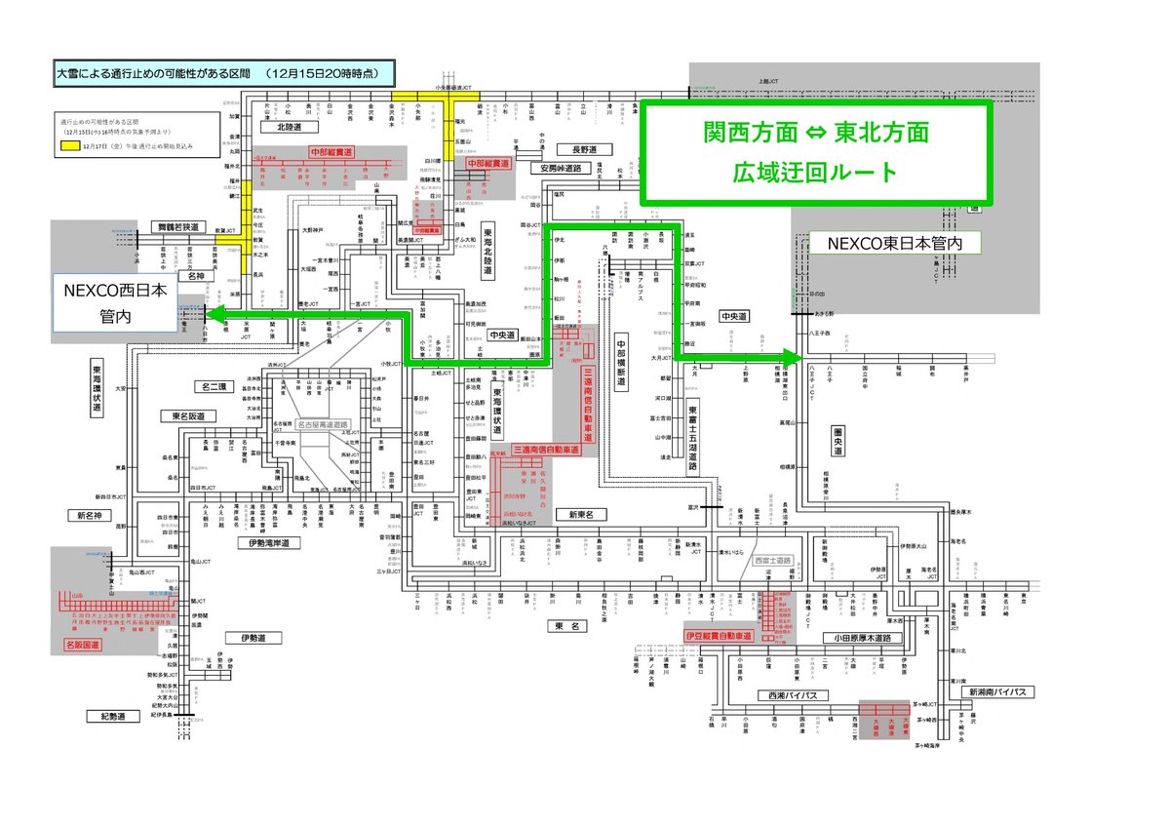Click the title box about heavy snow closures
tap(223, 73)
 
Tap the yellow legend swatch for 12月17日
tap(68, 144)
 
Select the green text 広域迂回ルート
tap(815, 173)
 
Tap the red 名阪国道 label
tap(83, 645)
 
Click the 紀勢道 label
tap(106, 717)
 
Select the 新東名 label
tap(582, 514)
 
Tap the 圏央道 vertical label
tap(838, 441)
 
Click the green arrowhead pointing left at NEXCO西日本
tap(212, 314)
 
